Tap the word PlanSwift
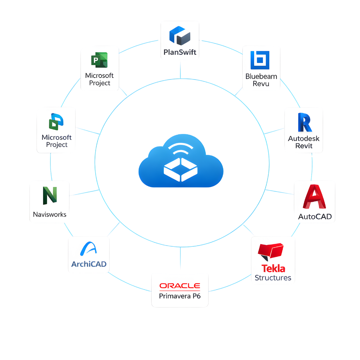coord(180,53)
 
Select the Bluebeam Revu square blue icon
coord(260,60)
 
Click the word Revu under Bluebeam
coord(261,84)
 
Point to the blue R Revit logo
coord(304,123)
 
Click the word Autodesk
coord(304,138)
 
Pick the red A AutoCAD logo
coord(314,197)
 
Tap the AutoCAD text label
coord(315,217)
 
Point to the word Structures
coord(273,278)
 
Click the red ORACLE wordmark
coord(180,286)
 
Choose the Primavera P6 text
coord(180,296)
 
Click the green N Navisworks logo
coord(49,195)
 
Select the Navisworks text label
coord(50,214)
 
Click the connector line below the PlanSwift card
coord(180,69)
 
